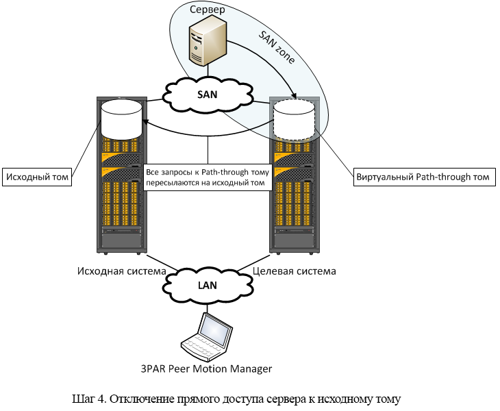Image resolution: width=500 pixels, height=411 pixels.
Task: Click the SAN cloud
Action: pos(208,95)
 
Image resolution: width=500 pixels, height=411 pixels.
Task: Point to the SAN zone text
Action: pos(277,48)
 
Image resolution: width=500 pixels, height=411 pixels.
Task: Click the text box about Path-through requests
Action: pos(208,177)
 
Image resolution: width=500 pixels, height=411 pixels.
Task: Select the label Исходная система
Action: pos(116,271)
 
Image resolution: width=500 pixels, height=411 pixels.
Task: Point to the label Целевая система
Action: pos(295,271)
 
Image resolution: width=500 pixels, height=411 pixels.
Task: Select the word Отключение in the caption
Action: pos(141,398)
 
